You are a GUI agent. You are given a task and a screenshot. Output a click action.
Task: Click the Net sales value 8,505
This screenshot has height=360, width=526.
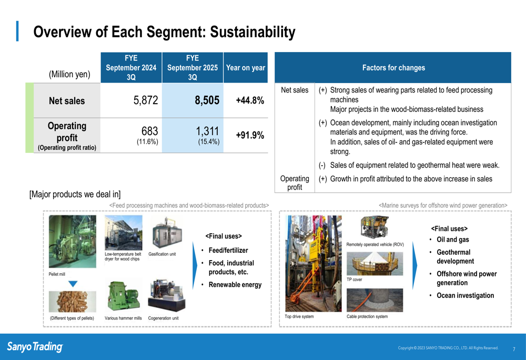click(207, 100)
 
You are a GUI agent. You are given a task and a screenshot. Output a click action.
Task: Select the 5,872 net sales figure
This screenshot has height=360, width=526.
click(146, 100)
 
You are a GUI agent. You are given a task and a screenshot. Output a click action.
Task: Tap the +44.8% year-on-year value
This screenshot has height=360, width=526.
click(250, 100)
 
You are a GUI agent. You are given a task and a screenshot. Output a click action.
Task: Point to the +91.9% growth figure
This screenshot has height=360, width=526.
click(250, 136)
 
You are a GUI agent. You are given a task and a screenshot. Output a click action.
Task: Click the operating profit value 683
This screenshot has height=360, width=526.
click(149, 131)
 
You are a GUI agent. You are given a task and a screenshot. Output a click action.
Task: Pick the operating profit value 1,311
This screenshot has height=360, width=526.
click(207, 131)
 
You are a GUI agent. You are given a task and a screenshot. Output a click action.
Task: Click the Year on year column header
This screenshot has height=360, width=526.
click(246, 68)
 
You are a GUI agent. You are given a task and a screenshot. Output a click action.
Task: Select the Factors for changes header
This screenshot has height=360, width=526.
click(393, 68)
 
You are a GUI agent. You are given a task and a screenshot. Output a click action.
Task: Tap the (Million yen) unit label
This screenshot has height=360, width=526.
click(70, 74)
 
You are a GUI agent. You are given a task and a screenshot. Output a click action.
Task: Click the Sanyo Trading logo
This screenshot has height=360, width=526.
click(35, 346)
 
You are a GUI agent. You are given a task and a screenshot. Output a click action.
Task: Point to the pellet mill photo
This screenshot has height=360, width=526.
click(73, 241)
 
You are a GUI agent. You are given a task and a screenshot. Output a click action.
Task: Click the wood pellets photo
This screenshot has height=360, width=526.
click(73, 302)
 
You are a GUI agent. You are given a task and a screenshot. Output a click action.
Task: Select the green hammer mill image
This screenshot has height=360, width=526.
click(123, 296)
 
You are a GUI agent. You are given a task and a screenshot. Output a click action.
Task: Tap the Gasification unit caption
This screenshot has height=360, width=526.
click(162, 254)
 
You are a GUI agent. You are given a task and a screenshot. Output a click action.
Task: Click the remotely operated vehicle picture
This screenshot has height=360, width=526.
click(375, 227)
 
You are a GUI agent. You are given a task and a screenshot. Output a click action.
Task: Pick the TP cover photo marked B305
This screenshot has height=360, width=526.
click(375, 264)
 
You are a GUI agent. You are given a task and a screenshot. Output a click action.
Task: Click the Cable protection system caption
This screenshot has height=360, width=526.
click(367, 316)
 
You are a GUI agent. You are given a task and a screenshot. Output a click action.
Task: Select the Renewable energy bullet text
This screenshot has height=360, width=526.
click(235, 284)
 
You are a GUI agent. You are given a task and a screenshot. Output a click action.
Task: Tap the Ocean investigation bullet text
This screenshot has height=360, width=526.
click(466, 295)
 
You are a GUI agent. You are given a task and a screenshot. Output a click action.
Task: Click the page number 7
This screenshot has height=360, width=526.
click(514, 349)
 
